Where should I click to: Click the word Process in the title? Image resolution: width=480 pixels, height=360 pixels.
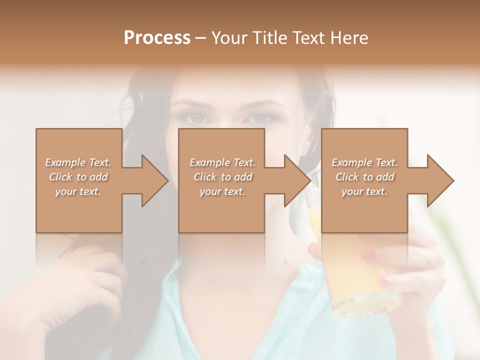157,37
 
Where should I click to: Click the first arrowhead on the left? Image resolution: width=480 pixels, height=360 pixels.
152,180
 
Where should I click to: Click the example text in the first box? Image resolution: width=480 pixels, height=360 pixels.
78,177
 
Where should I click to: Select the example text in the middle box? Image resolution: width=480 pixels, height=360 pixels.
222,177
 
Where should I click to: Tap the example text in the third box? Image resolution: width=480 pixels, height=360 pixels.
364,177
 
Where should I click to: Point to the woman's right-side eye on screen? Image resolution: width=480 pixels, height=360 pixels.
258,118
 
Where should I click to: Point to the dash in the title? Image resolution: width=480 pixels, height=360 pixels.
200,38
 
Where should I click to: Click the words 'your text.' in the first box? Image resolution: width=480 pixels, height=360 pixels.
78,191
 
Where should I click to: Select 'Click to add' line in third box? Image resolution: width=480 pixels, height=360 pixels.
364,177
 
